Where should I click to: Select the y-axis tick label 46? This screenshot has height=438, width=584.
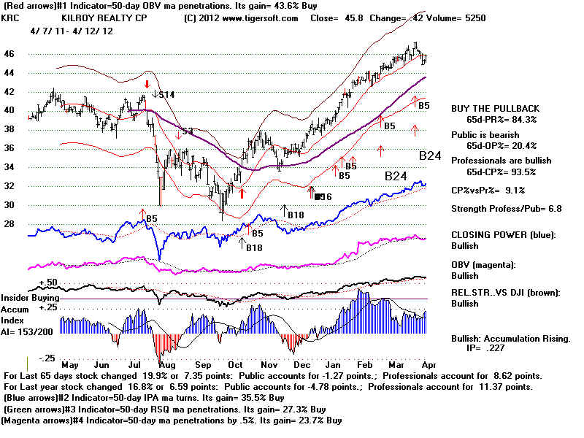[9, 54]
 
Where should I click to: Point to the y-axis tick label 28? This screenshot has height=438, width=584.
[9, 224]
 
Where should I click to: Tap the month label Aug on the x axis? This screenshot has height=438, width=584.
[168, 365]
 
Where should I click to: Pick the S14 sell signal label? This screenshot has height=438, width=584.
[166, 94]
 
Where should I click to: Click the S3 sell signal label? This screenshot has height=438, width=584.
[188, 131]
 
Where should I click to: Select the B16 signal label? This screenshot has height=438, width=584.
[322, 196]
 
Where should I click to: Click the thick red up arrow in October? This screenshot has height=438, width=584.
[242, 194]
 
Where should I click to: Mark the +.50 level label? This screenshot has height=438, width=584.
[28, 282]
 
